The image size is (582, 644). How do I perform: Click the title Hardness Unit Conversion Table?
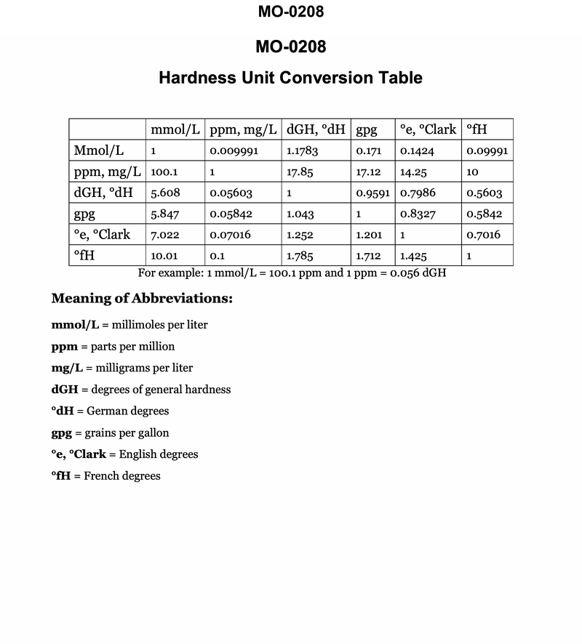tap(290, 78)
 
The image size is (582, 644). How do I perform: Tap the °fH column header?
tap(477, 130)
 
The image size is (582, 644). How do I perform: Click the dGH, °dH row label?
tap(103, 193)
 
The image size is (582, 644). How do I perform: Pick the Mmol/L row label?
tap(99, 151)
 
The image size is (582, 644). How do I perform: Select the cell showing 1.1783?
tap(303, 152)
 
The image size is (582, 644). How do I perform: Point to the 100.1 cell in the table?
tap(164, 173)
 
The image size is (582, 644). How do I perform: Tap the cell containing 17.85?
tap(300, 173)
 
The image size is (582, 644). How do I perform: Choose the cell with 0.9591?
tap(373, 194)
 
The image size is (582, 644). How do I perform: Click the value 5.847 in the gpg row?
tap(164, 214)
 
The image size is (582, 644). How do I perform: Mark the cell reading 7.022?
tap(164, 236)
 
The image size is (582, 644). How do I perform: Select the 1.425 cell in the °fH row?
tap(413, 256)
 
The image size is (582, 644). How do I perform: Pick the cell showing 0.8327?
tap(418, 214)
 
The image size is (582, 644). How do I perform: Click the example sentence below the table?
tap(292, 273)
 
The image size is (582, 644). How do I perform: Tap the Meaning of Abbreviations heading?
tap(142, 299)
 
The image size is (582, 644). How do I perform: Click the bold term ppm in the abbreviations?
tap(65, 347)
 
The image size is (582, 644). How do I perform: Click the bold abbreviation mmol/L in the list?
tap(75, 325)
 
